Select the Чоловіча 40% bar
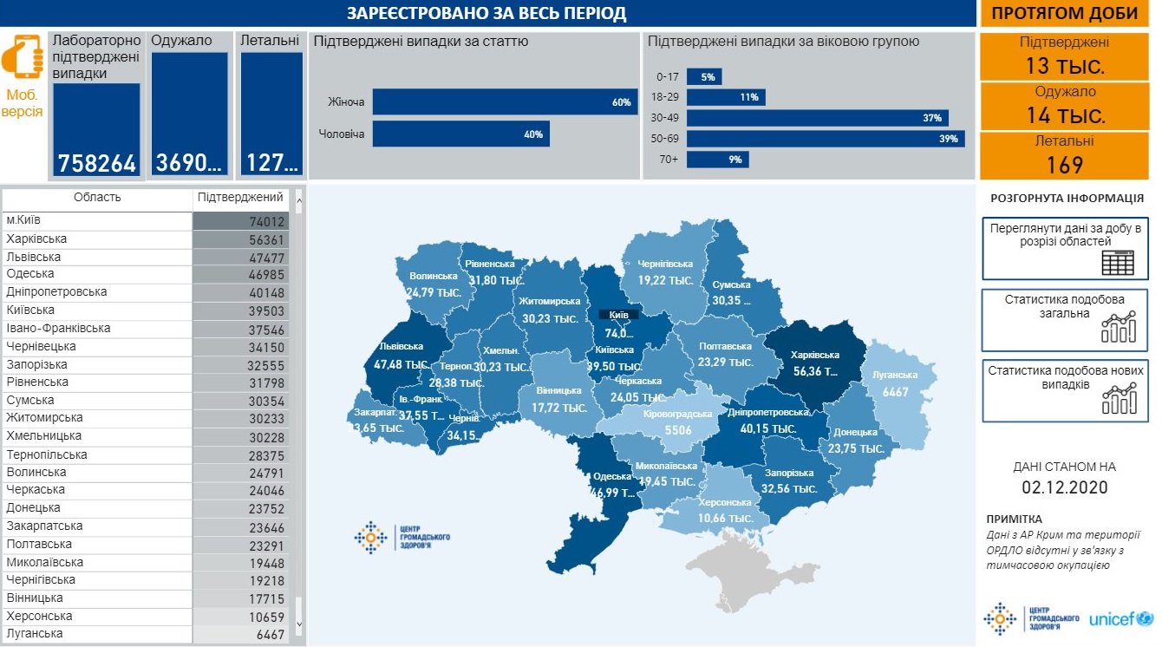(460, 134)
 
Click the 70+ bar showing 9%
(717, 160)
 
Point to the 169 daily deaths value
(1064, 164)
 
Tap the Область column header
(97, 198)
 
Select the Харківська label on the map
(815, 356)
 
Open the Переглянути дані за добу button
(1065, 248)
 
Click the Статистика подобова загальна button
(1065, 318)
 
